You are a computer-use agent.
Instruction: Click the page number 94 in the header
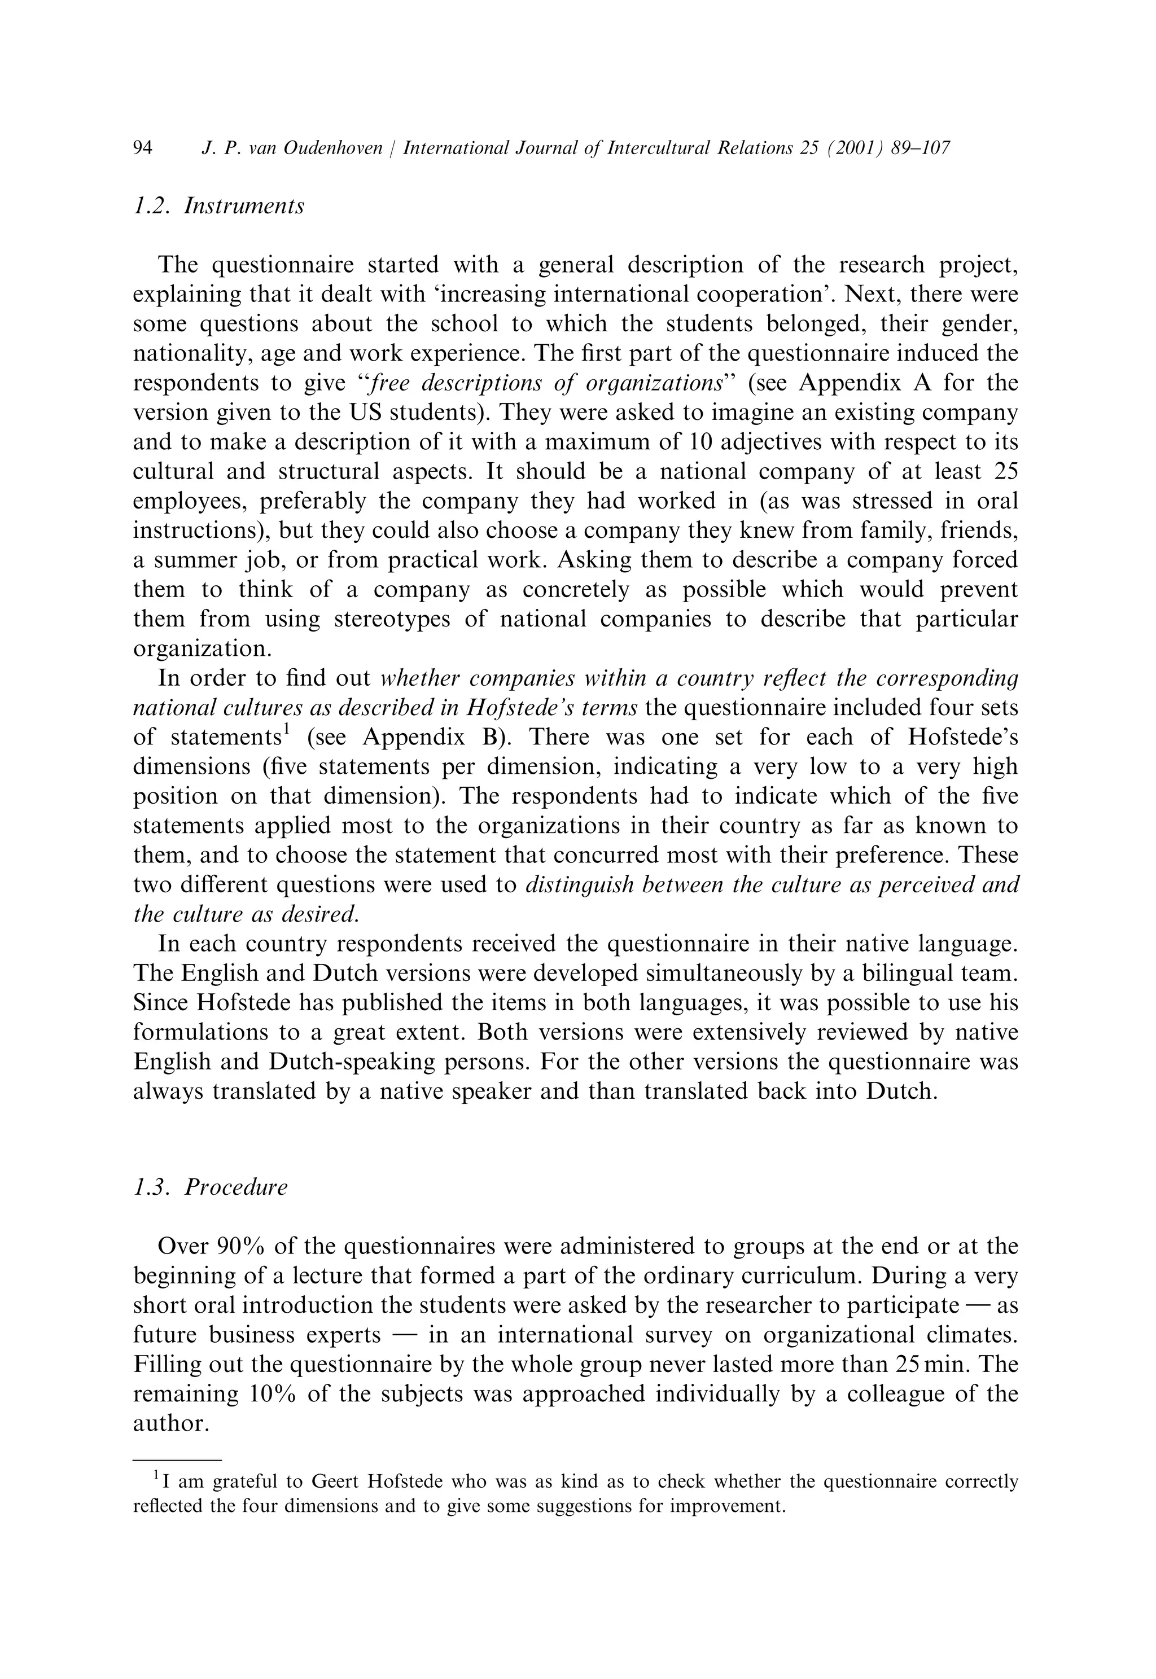tap(143, 148)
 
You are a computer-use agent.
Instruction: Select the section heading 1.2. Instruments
tap(219, 207)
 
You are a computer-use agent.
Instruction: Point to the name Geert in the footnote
tap(342, 1481)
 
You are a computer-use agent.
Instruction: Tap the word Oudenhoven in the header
tap(332, 148)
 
